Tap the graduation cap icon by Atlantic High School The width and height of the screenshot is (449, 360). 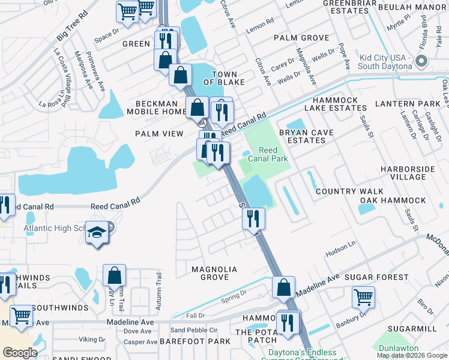(97, 232)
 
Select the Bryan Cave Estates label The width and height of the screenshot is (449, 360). (306, 136)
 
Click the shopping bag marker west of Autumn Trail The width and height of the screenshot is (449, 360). (115, 276)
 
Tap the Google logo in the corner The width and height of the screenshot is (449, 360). (20, 353)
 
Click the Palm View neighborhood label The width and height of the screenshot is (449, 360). (159, 134)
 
